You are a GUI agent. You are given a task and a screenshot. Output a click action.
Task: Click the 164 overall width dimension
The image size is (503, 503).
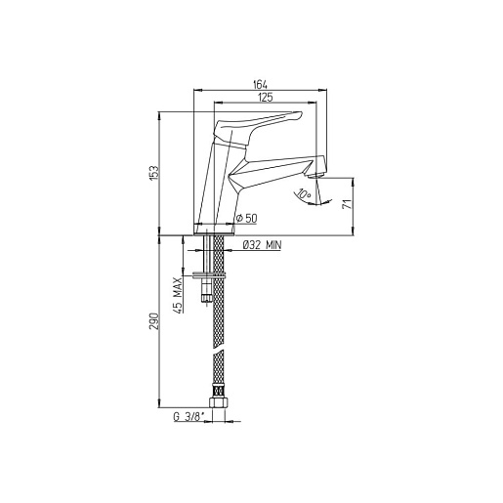pos(260,85)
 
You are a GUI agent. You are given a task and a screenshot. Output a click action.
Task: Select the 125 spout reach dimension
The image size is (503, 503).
pos(266,98)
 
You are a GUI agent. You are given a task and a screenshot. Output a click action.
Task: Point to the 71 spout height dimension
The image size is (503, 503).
pos(348,204)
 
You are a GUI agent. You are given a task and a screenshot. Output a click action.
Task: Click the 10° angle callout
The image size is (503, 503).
pos(304,194)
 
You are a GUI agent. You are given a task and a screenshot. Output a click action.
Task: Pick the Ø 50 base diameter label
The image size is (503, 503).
pos(247,218)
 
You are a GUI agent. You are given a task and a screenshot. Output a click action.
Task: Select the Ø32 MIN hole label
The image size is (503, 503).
pos(263,245)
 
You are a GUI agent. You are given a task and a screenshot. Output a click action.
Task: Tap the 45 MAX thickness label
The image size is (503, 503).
pos(178,295)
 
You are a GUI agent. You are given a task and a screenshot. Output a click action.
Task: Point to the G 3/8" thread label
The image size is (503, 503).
pos(189,417)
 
